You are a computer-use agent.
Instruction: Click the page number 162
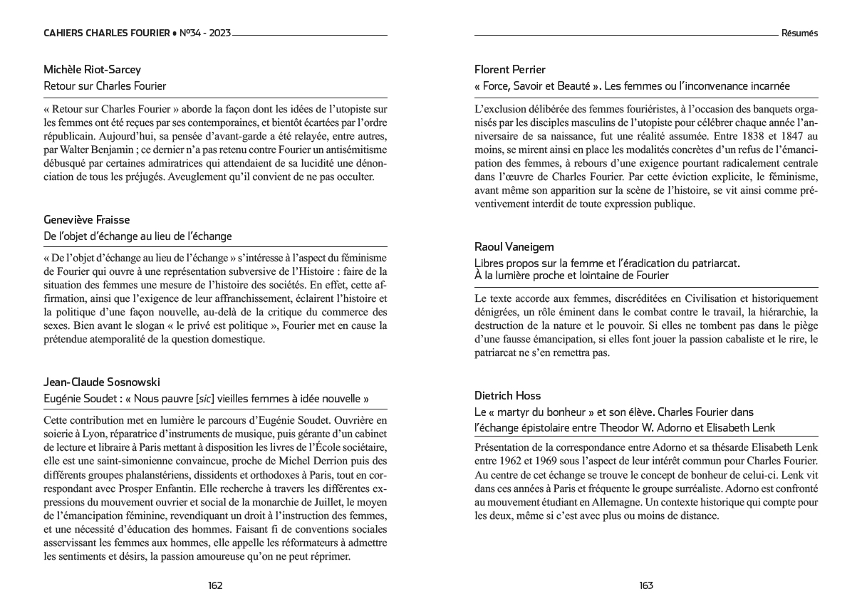pyautogui.click(x=215, y=585)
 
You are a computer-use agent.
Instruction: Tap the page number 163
pyautogui.click(x=646, y=585)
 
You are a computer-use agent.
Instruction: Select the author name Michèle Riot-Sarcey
pyautogui.click(x=93, y=70)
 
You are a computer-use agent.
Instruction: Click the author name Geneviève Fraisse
pyautogui.click(x=87, y=220)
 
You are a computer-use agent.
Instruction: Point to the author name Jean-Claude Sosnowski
pyautogui.click(x=102, y=382)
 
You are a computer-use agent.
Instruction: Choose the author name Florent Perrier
pyautogui.click(x=510, y=70)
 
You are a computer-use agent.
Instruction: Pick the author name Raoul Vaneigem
pyautogui.click(x=514, y=247)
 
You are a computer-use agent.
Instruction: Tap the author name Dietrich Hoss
pyautogui.click(x=508, y=396)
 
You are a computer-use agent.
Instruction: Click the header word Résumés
pyautogui.click(x=799, y=33)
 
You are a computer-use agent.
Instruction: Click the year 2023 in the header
pyautogui.click(x=219, y=33)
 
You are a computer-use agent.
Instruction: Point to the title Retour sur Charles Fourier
pyautogui.click(x=105, y=86)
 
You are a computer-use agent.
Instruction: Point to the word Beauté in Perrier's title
pyautogui.click(x=567, y=86)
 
